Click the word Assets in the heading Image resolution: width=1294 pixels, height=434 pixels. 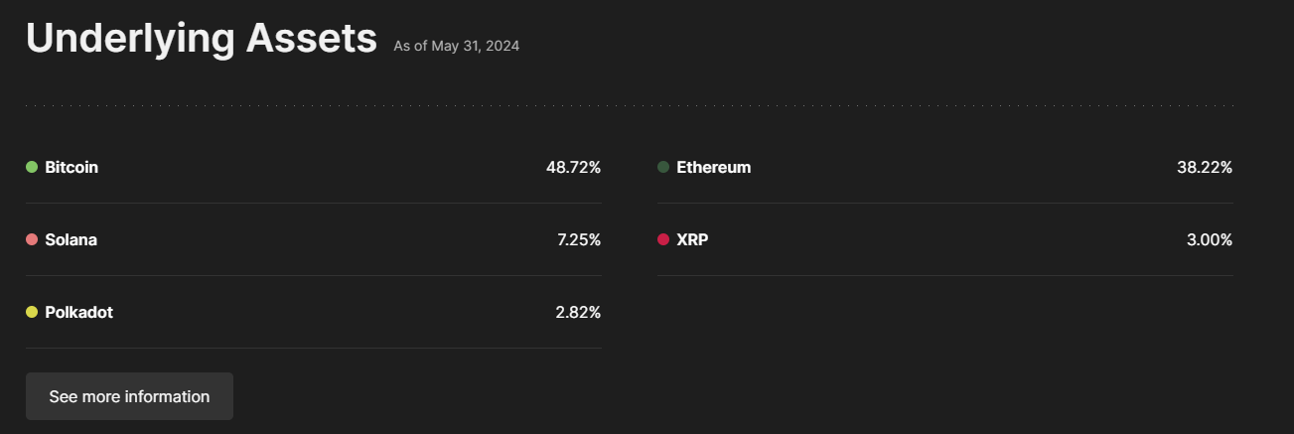311,39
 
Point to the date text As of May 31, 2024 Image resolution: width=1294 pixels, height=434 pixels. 456,46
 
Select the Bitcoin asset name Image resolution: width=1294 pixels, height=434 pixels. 72,167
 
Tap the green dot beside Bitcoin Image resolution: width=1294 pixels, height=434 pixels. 32,167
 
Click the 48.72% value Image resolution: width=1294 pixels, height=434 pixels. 573,167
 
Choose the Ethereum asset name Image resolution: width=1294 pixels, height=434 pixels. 713,167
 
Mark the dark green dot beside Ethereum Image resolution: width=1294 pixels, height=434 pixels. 663,167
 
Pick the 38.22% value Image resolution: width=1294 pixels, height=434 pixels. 1204,167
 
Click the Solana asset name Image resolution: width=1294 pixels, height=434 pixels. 71,239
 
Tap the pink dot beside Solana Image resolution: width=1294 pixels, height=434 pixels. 32,239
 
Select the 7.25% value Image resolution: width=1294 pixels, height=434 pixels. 579,239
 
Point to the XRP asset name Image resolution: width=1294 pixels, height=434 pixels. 692,239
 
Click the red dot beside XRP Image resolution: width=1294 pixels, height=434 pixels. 663,239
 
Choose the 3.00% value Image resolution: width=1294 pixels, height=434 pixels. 1209,239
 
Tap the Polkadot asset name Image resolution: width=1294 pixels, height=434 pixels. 78,312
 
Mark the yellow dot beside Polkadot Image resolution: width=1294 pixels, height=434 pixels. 32,312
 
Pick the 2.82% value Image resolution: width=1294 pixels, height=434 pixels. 578,312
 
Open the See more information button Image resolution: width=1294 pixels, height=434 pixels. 129,396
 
